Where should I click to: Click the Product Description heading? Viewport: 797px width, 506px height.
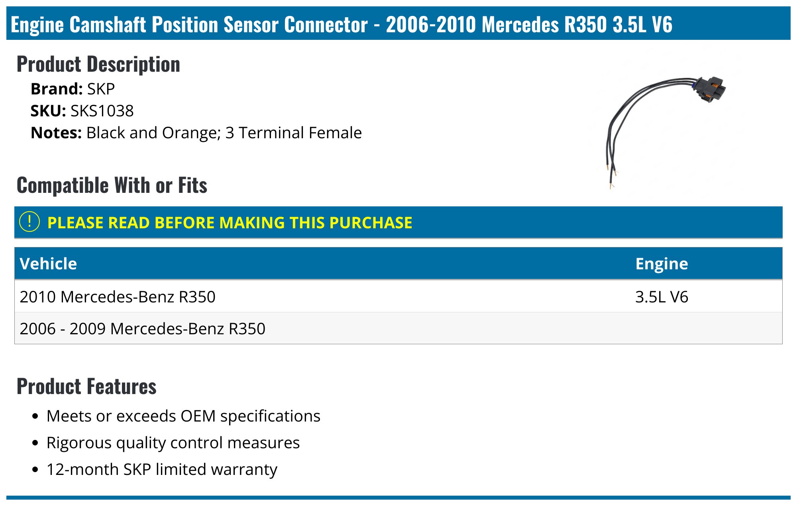(98, 64)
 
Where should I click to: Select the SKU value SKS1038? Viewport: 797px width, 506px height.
(102, 111)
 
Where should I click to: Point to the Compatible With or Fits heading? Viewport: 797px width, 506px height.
(112, 185)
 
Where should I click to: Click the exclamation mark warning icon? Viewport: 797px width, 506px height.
(29, 222)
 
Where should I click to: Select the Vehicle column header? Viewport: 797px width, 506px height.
(48, 264)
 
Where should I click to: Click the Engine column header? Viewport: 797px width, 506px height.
(662, 264)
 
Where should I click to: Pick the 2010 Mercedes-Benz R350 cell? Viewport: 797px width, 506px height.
(118, 297)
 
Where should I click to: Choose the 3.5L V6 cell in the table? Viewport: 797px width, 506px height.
(662, 297)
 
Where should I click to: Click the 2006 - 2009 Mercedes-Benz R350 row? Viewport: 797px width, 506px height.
(142, 329)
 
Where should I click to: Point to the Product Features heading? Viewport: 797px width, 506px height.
(86, 386)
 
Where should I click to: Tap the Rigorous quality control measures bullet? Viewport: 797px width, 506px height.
(173, 443)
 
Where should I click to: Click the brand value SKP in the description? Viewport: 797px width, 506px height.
(101, 89)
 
